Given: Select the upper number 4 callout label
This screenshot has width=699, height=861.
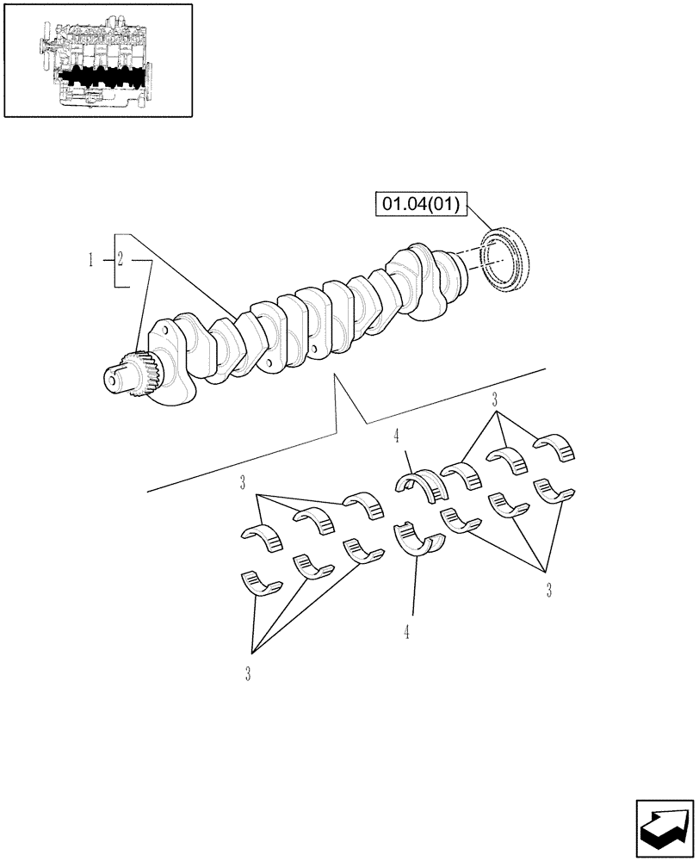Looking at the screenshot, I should pyautogui.click(x=396, y=437).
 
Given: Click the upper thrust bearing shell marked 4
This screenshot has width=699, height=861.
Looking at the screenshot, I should pyautogui.click(x=422, y=485).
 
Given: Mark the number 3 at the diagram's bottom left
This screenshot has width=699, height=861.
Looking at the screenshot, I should pyautogui.click(x=247, y=674).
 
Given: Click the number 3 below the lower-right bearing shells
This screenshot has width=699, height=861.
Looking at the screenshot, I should pyautogui.click(x=548, y=590).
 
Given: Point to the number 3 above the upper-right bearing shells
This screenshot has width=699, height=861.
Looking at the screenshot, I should pyautogui.click(x=495, y=399).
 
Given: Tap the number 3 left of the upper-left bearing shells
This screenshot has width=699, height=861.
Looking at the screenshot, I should pyautogui.click(x=244, y=480).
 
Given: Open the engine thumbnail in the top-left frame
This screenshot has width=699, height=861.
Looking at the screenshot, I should pyautogui.click(x=97, y=59).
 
